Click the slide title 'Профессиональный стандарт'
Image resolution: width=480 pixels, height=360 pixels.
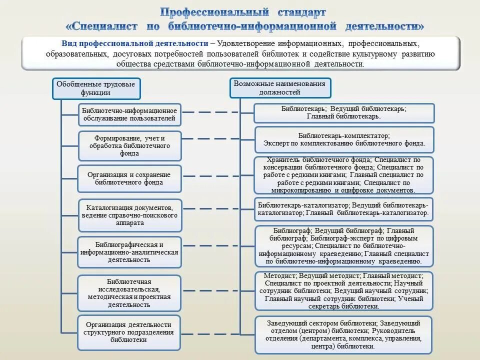243,11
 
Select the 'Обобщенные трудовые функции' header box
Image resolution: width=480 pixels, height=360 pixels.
97,88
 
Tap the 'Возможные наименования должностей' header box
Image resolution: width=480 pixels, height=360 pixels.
279,88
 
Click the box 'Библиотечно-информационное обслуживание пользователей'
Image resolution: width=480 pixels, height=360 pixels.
129,114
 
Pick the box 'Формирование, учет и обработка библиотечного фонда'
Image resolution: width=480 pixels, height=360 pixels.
129,145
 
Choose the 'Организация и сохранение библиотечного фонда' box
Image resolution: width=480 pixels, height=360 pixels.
129,178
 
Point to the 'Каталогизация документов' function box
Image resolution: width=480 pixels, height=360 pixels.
129,215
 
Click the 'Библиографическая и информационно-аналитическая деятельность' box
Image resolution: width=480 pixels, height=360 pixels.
129,252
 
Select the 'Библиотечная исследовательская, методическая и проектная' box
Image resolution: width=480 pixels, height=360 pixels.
129,292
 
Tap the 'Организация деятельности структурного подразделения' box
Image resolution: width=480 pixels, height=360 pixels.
129,332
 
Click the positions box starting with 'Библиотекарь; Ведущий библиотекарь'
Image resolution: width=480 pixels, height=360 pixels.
344,112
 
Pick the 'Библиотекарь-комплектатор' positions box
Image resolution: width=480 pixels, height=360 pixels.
344,139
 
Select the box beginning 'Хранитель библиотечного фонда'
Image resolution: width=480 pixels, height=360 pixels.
344,175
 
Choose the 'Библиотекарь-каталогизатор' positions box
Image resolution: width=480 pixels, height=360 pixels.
344,209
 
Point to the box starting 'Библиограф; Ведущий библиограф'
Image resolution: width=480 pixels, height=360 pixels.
344,246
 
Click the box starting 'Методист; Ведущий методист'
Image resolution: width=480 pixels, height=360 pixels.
344,291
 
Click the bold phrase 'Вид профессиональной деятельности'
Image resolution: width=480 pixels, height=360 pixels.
134,43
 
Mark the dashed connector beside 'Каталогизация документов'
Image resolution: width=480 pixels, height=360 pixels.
218,208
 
